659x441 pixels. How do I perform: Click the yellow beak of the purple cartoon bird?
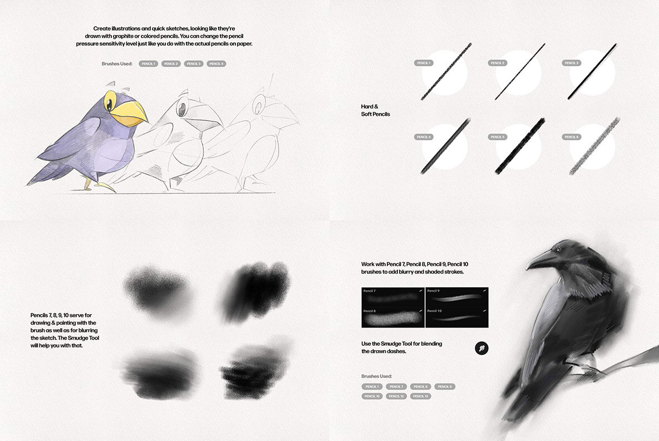[x=129, y=112]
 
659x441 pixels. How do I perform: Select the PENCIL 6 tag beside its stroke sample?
[x=572, y=137]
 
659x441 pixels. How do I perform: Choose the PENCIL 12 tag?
[x=396, y=396]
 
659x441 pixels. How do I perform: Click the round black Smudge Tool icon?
[x=481, y=349]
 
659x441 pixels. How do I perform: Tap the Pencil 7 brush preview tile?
[x=393, y=296]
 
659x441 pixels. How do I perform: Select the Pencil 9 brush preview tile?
[x=456, y=296]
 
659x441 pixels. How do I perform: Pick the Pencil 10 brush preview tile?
[x=456, y=317]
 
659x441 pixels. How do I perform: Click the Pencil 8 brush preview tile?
[x=393, y=317]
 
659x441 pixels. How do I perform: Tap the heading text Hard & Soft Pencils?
[x=375, y=110]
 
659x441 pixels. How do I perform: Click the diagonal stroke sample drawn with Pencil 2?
[x=519, y=72]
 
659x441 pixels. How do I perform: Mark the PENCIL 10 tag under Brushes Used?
[x=371, y=396]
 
